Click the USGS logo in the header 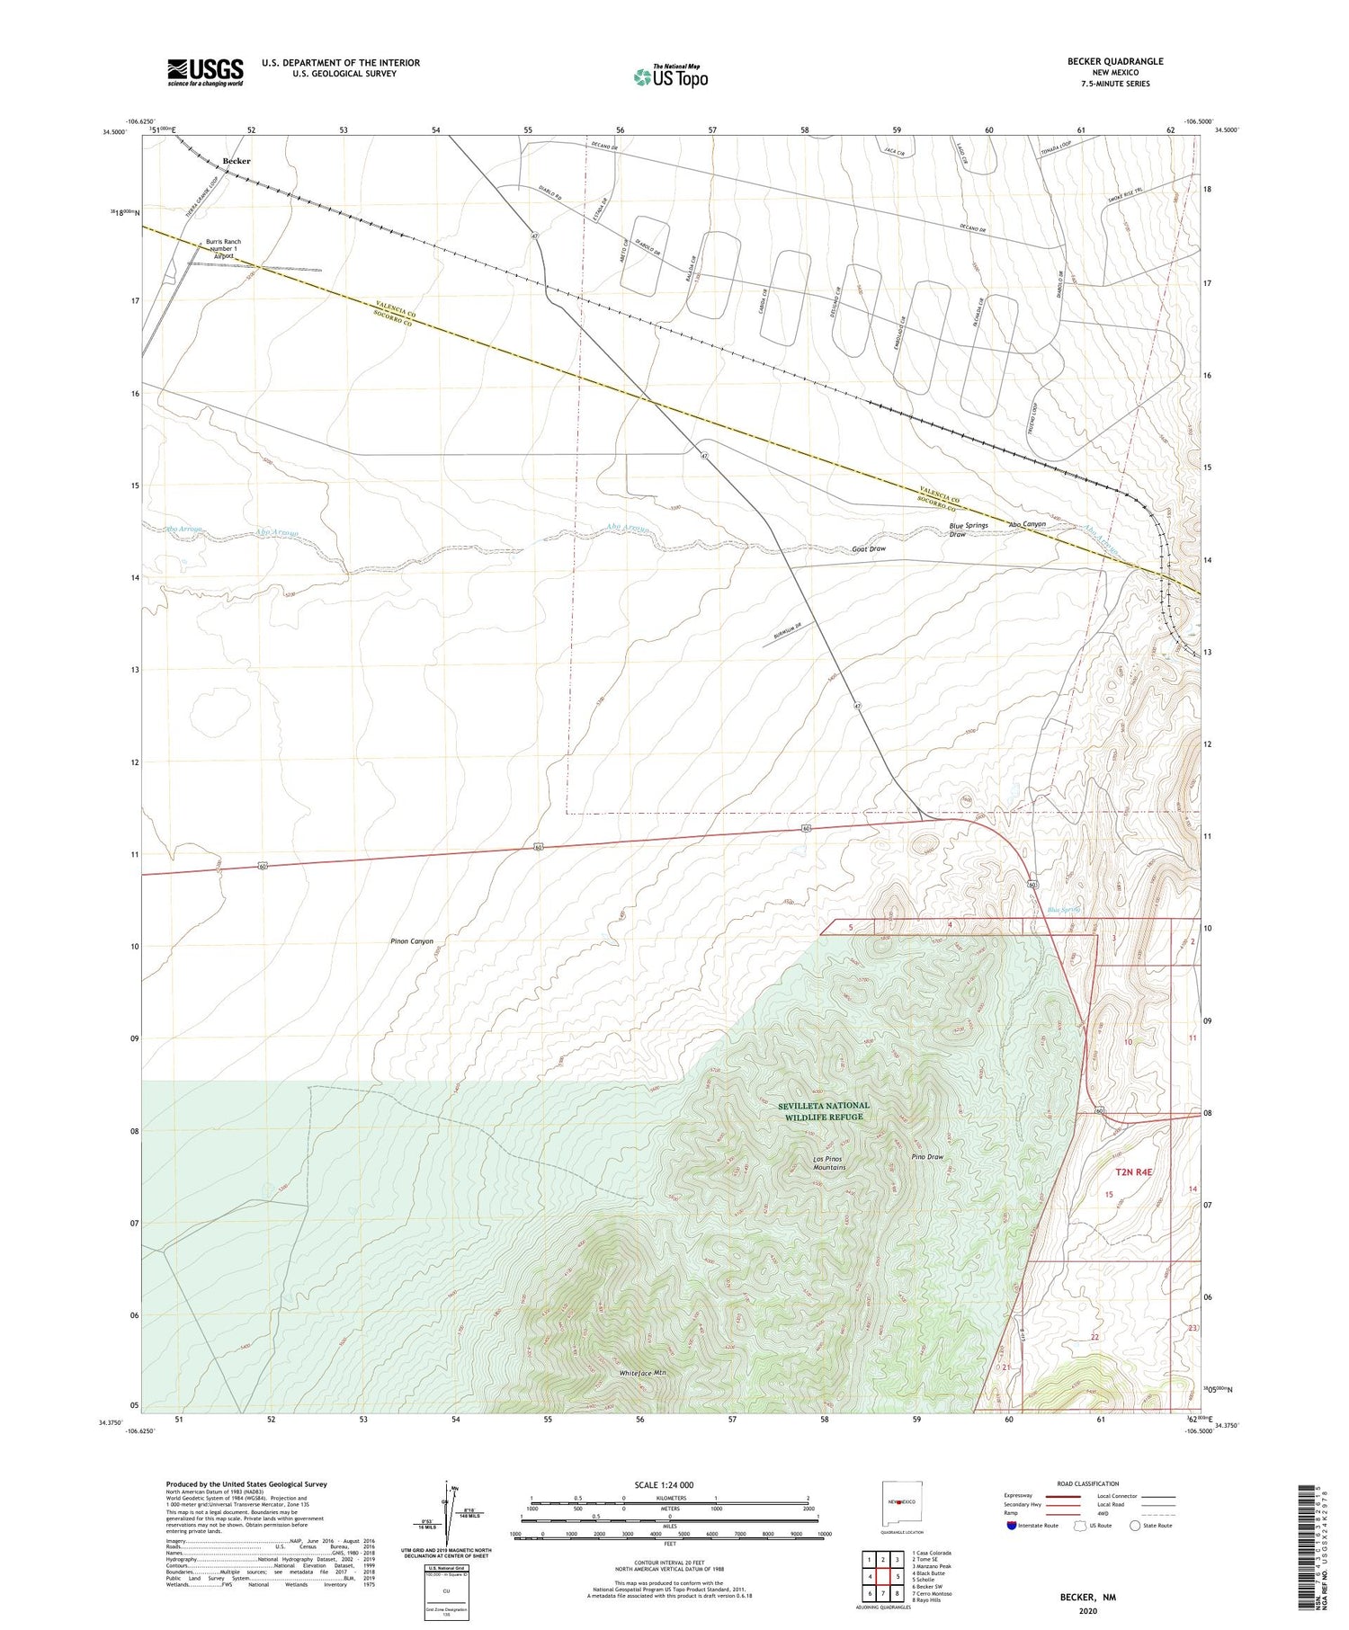(205, 72)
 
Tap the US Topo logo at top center (670, 77)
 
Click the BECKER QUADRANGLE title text (1114, 61)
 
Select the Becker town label (236, 161)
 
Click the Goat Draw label (869, 548)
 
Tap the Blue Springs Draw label (968, 530)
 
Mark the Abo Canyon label (1026, 524)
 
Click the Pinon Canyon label (411, 941)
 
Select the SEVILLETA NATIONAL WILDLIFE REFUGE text (825, 1110)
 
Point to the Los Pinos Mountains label (828, 1162)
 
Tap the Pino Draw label (926, 1157)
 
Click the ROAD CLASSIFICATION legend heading (1087, 1483)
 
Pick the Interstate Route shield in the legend (1011, 1525)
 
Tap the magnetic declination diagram (447, 1519)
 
